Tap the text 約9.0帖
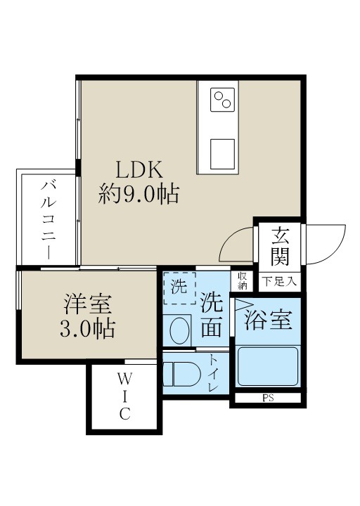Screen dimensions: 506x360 tap(138, 193)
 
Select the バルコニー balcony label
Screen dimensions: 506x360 tap(49, 219)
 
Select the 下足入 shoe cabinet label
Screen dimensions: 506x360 tap(280, 283)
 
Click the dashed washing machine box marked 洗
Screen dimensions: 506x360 tap(180, 287)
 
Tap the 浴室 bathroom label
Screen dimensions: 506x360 tap(268, 320)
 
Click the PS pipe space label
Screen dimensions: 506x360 tap(268, 398)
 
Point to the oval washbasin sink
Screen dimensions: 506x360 tap(181, 330)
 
